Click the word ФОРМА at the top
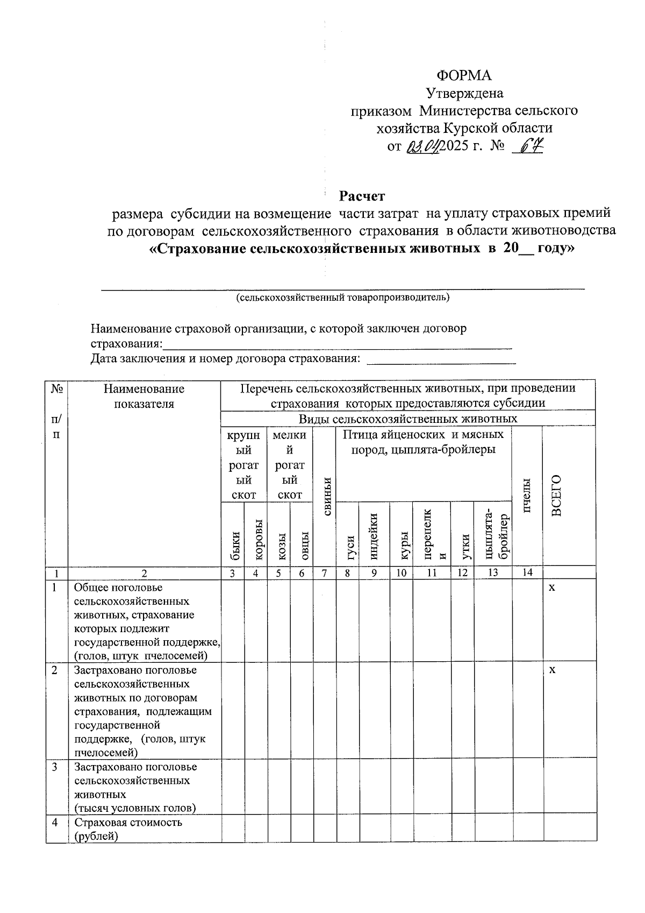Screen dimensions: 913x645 [464, 75]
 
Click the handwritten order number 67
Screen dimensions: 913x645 [528, 145]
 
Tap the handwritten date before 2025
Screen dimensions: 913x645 [424, 146]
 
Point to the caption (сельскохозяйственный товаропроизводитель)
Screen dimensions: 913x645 [343, 298]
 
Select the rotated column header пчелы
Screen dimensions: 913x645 [527, 494]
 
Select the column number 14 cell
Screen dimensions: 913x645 [527, 573]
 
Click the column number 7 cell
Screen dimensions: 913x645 [325, 573]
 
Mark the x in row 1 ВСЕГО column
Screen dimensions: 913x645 [551, 588]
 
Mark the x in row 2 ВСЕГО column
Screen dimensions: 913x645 [551, 670]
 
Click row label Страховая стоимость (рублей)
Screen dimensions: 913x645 [128, 829]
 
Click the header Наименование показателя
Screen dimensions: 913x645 [144, 396]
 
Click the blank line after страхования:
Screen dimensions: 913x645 [337, 345]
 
